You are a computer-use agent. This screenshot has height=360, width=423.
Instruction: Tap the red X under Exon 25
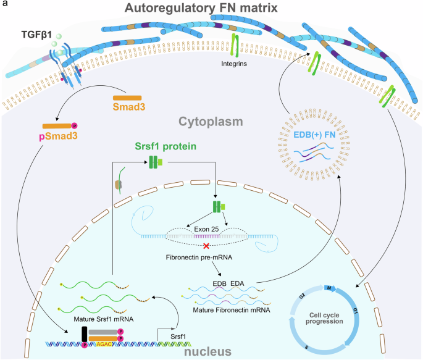tap(215, 246)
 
